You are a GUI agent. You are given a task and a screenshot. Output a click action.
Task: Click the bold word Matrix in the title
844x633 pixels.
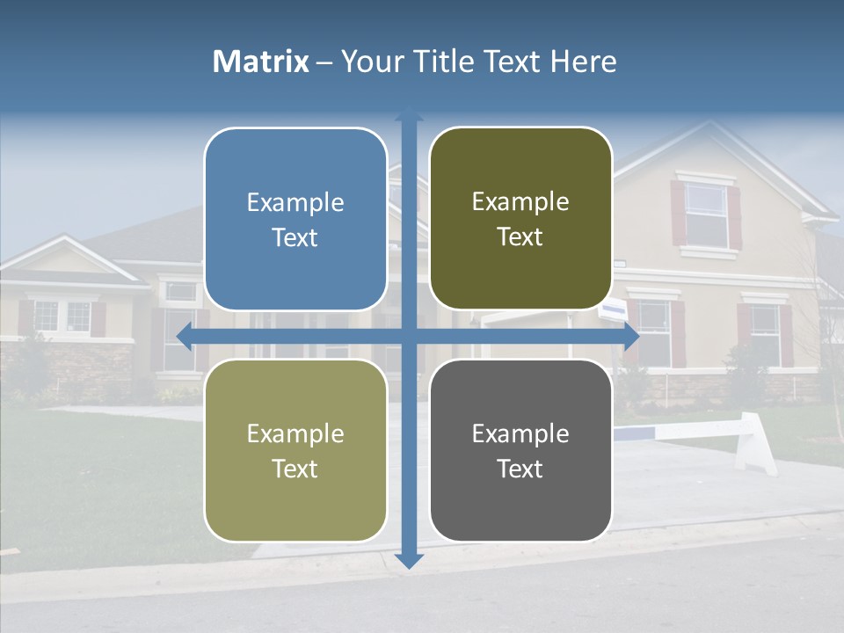(261, 62)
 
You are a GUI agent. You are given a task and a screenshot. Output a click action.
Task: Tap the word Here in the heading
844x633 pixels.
(583, 62)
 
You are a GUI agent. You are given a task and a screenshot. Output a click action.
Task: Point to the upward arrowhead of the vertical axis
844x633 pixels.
(409, 114)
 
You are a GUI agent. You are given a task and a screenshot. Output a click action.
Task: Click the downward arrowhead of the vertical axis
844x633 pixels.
(409, 560)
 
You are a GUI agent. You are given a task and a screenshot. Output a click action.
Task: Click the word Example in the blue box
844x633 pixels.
(295, 203)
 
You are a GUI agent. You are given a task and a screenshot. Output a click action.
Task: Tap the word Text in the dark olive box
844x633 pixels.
(520, 237)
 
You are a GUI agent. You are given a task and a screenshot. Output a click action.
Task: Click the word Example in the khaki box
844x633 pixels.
(295, 434)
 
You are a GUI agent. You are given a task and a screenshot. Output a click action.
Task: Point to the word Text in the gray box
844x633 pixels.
(520, 469)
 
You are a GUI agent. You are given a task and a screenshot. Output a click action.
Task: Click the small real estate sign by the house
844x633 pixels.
(613, 310)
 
